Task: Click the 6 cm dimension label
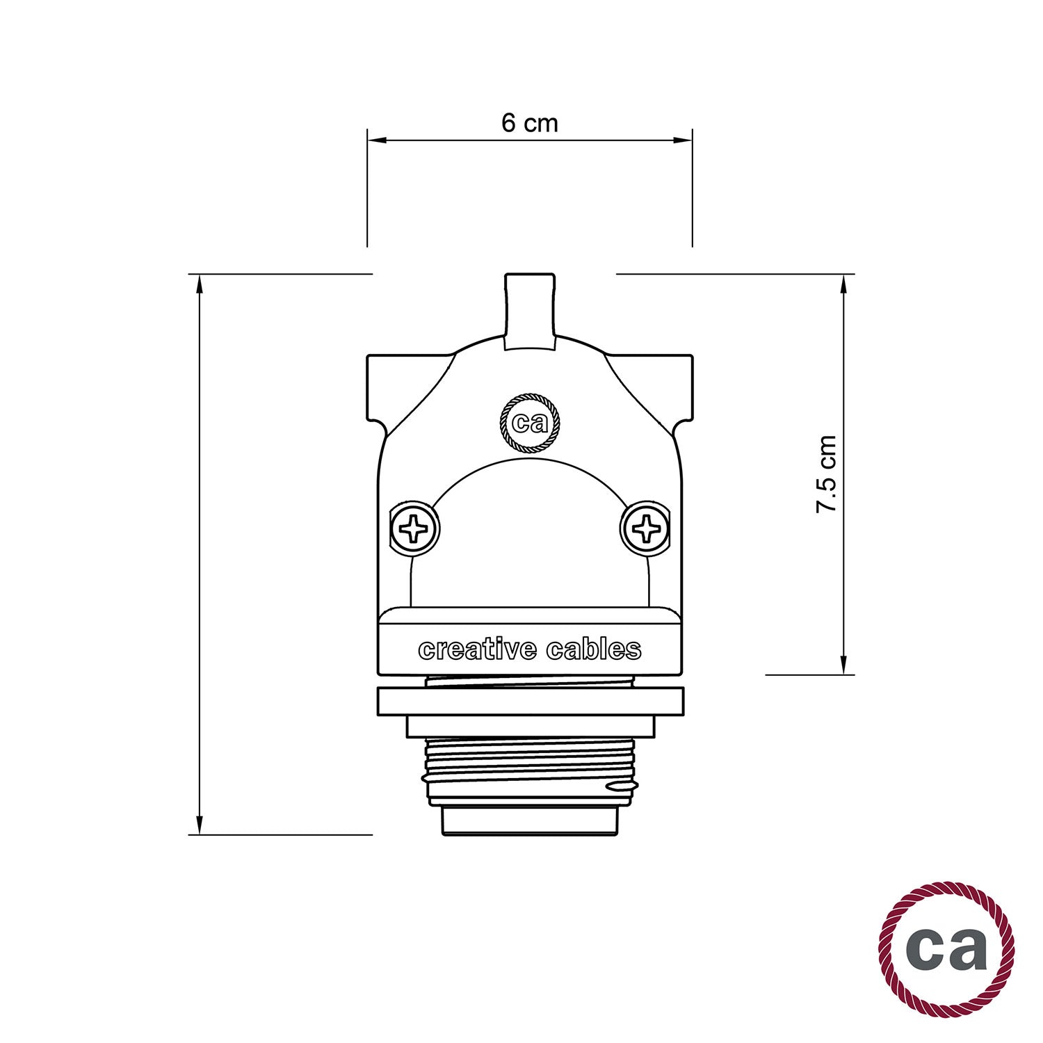[x=529, y=123]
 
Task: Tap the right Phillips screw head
[x=646, y=529]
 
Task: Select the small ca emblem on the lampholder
[x=530, y=423]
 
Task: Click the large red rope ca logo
[x=946, y=948]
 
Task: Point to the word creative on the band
[x=478, y=649]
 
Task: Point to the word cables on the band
[x=593, y=649]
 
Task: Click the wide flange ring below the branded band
[x=530, y=702]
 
